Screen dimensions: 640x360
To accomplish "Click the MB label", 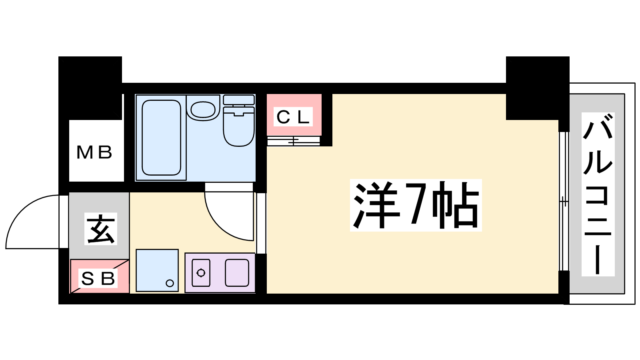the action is [x=94, y=152].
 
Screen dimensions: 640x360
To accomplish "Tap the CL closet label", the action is [x=293, y=116].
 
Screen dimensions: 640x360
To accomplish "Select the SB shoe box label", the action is [x=98, y=278].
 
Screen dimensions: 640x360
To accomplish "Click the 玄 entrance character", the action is [x=101, y=228].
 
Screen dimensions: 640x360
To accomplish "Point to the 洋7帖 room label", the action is [x=416, y=205].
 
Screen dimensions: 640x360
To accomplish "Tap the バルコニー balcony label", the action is [x=598, y=194].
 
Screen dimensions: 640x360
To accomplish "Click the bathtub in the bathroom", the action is [x=162, y=138].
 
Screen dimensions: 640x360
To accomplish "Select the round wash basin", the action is [x=203, y=110].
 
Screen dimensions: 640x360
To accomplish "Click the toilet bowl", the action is [x=238, y=126].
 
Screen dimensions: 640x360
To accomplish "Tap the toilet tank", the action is [x=238, y=100].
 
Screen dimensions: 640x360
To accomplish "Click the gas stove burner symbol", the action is [x=201, y=273].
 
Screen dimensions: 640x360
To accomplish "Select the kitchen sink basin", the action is [x=237, y=273].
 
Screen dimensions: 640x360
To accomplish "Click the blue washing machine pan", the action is [x=157, y=270].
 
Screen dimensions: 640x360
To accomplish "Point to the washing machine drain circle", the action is [x=170, y=283].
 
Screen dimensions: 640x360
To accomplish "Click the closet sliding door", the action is [x=293, y=141].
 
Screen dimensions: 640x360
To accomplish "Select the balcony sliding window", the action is [x=564, y=201].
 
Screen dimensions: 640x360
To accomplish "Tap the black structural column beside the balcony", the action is [x=538, y=88].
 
